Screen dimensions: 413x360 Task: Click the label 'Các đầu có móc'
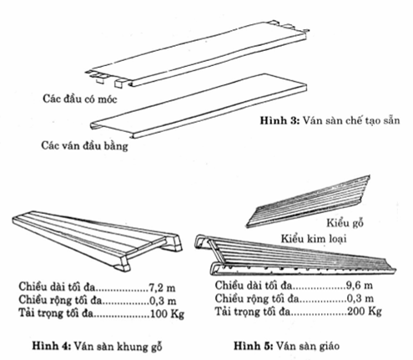click(x=80, y=99)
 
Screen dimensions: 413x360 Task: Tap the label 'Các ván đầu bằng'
click(x=85, y=145)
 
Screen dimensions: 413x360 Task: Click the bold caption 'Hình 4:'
click(x=52, y=346)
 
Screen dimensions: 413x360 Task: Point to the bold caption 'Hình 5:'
click(x=254, y=346)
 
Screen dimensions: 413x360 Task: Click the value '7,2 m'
click(x=163, y=287)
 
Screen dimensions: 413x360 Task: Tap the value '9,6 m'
click(x=360, y=286)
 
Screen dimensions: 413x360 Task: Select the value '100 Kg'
click(x=167, y=314)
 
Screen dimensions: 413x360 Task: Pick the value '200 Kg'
click(x=365, y=312)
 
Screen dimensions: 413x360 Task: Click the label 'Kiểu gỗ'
click(x=345, y=223)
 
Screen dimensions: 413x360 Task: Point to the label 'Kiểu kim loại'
click(x=314, y=239)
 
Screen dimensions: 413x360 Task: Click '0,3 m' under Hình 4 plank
click(x=163, y=301)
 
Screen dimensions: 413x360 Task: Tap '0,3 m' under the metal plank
click(x=360, y=298)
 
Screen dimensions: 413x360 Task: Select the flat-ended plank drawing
click(x=199, y=106)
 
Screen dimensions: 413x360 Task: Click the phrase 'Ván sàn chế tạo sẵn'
click(x=351, y=120)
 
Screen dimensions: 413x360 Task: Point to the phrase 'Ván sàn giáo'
click(x=308, y=346)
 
